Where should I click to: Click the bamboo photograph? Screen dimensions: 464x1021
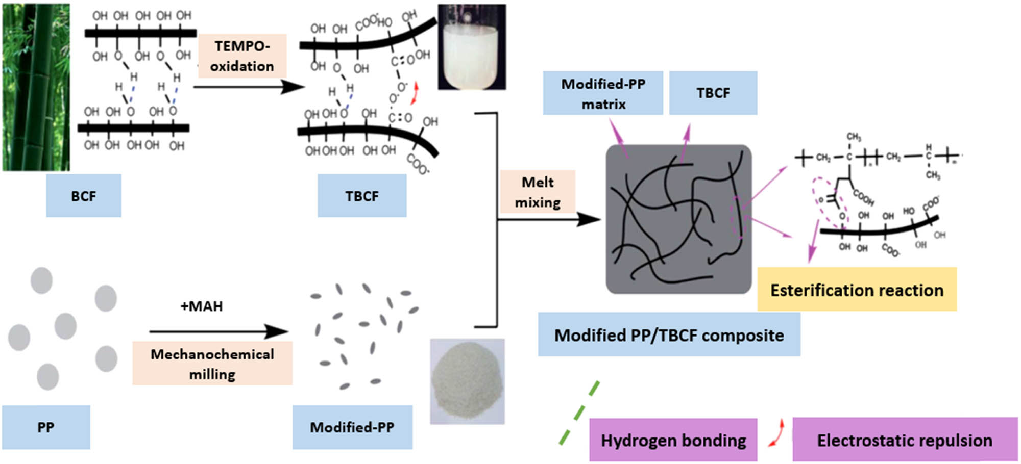[36, 87]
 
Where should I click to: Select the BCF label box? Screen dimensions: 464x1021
[84, 196]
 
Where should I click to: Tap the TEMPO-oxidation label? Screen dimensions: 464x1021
[242, 56]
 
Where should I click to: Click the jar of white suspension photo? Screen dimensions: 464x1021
[471, 47]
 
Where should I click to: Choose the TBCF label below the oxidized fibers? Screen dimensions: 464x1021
[362, 196]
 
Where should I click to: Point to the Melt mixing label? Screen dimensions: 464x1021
[538, 192]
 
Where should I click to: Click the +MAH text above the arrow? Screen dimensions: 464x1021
[202, 306]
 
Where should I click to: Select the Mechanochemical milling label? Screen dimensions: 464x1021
[212, 364]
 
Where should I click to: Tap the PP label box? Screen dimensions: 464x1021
[46, 427]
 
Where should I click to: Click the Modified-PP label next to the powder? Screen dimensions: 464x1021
[352, 427]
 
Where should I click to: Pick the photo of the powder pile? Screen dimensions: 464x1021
[467, 381]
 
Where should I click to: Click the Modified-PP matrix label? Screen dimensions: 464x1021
[603, 93]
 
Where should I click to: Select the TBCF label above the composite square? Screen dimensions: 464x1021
[713, 93]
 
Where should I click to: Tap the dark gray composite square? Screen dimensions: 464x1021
[678, 219]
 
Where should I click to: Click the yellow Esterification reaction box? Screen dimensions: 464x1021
[857, 290]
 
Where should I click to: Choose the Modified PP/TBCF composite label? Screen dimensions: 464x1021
[669, 335]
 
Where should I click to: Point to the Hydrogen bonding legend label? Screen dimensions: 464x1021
[673, 440]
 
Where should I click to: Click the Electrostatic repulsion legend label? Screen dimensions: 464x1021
[905, 440]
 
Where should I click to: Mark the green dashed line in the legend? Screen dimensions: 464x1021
[579, 413]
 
